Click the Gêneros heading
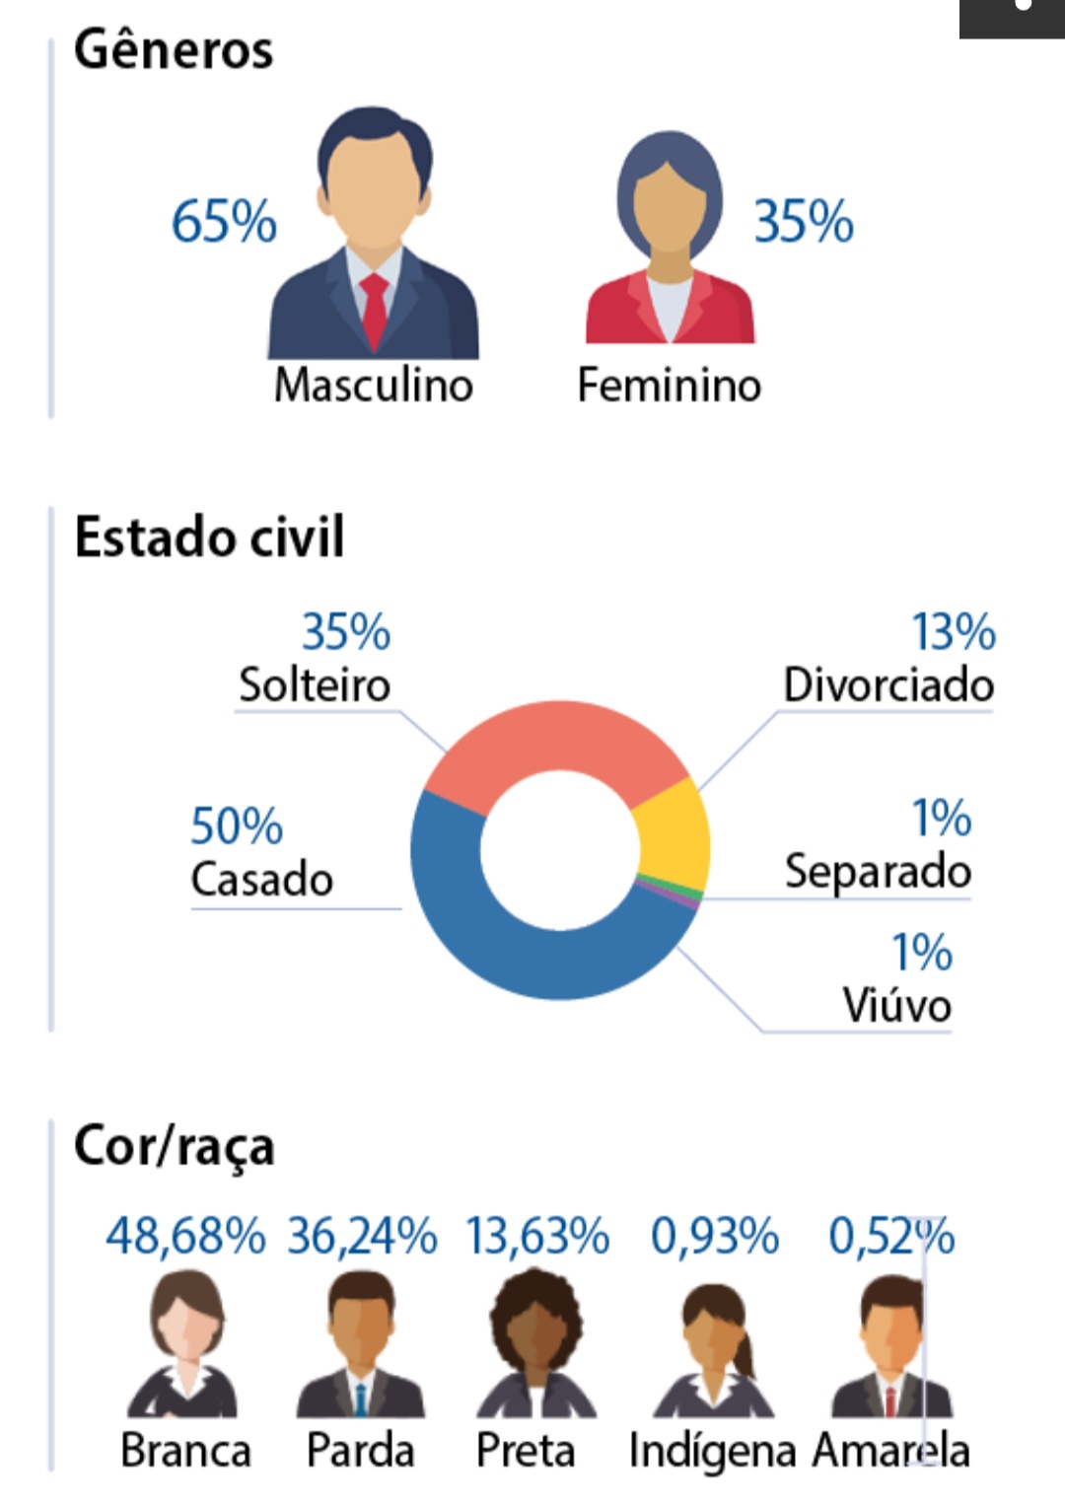coord(174,50)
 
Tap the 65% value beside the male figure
coord(224,221)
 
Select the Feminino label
coord(670,385)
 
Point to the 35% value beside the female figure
coord(804,221)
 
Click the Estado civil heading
coord(209,537)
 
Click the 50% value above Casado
coord(237,825)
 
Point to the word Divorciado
coord(888,685)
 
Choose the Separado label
coord(879,872)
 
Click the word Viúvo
coord(897,1005)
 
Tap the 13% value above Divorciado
coord(954,631)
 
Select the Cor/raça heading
coord(174,1146)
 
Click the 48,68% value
coord(185,1236)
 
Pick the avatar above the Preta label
coord(536,1343)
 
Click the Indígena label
coord(712,1452)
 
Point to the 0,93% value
coord(715,1236)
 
